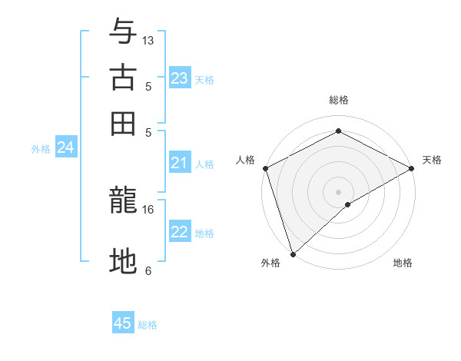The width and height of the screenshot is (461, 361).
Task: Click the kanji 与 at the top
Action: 124,32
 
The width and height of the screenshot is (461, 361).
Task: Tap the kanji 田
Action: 124,122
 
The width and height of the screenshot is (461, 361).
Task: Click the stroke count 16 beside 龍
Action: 148,209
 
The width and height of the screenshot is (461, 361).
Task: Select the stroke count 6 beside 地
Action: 148,270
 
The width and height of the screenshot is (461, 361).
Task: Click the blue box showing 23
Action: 179,78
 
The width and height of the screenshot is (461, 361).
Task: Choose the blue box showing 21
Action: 179,163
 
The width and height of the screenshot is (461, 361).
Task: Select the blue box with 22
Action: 179,232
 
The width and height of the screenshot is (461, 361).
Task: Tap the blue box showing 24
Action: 65,147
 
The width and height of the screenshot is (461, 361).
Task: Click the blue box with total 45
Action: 123,323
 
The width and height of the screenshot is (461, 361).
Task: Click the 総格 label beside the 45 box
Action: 148,325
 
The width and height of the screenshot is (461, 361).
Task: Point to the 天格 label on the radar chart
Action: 432,160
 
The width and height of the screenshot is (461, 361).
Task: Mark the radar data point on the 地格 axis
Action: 348,204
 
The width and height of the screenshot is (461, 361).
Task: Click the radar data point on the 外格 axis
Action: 293,254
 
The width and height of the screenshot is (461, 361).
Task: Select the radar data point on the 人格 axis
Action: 264,167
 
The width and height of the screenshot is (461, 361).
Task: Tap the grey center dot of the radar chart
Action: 338,191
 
